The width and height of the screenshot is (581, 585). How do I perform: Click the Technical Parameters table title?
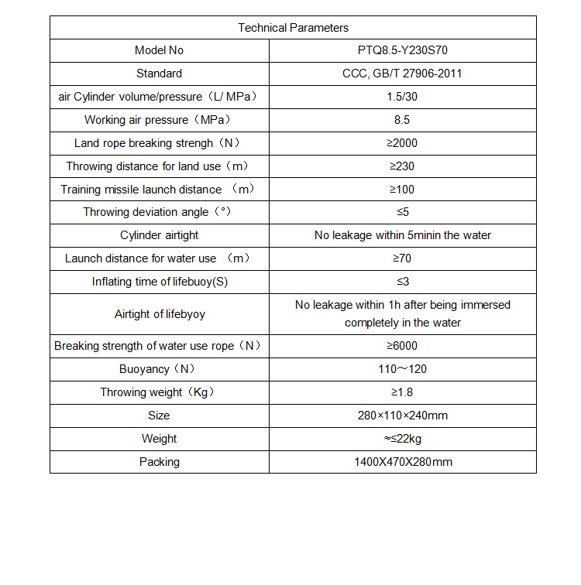[293, 28]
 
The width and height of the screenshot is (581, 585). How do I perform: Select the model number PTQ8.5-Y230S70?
[402, 50]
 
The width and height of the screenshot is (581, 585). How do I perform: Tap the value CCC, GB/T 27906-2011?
[402, 74]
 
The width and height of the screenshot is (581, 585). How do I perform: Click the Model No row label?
[159, 50]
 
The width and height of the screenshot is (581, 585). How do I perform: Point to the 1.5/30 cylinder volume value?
[402, 97]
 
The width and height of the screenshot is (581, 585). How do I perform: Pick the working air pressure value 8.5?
[402, 120]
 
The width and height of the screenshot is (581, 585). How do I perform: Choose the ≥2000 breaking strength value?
[402, 143]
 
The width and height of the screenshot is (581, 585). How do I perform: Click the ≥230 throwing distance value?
[402, 166]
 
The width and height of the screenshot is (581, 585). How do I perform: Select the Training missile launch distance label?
[158, 190]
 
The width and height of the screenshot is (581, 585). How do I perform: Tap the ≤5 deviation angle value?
[402, 212]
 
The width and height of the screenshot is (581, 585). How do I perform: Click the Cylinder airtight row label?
[159, 235]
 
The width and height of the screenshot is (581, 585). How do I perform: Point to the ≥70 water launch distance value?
[402, 258]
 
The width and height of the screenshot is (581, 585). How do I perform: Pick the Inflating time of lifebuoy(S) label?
[160, 282]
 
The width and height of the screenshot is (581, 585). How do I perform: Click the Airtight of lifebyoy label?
[160, 314]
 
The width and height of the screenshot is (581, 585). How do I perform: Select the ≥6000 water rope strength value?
[402, 346]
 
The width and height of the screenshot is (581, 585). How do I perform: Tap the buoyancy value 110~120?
[402, 369]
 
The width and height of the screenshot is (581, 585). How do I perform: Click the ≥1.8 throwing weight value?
[402, 392]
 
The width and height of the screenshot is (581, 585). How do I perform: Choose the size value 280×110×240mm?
[402, 416]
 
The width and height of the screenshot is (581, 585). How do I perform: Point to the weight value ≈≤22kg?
[402, 439]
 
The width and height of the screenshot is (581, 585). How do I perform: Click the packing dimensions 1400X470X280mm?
[402, 462]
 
